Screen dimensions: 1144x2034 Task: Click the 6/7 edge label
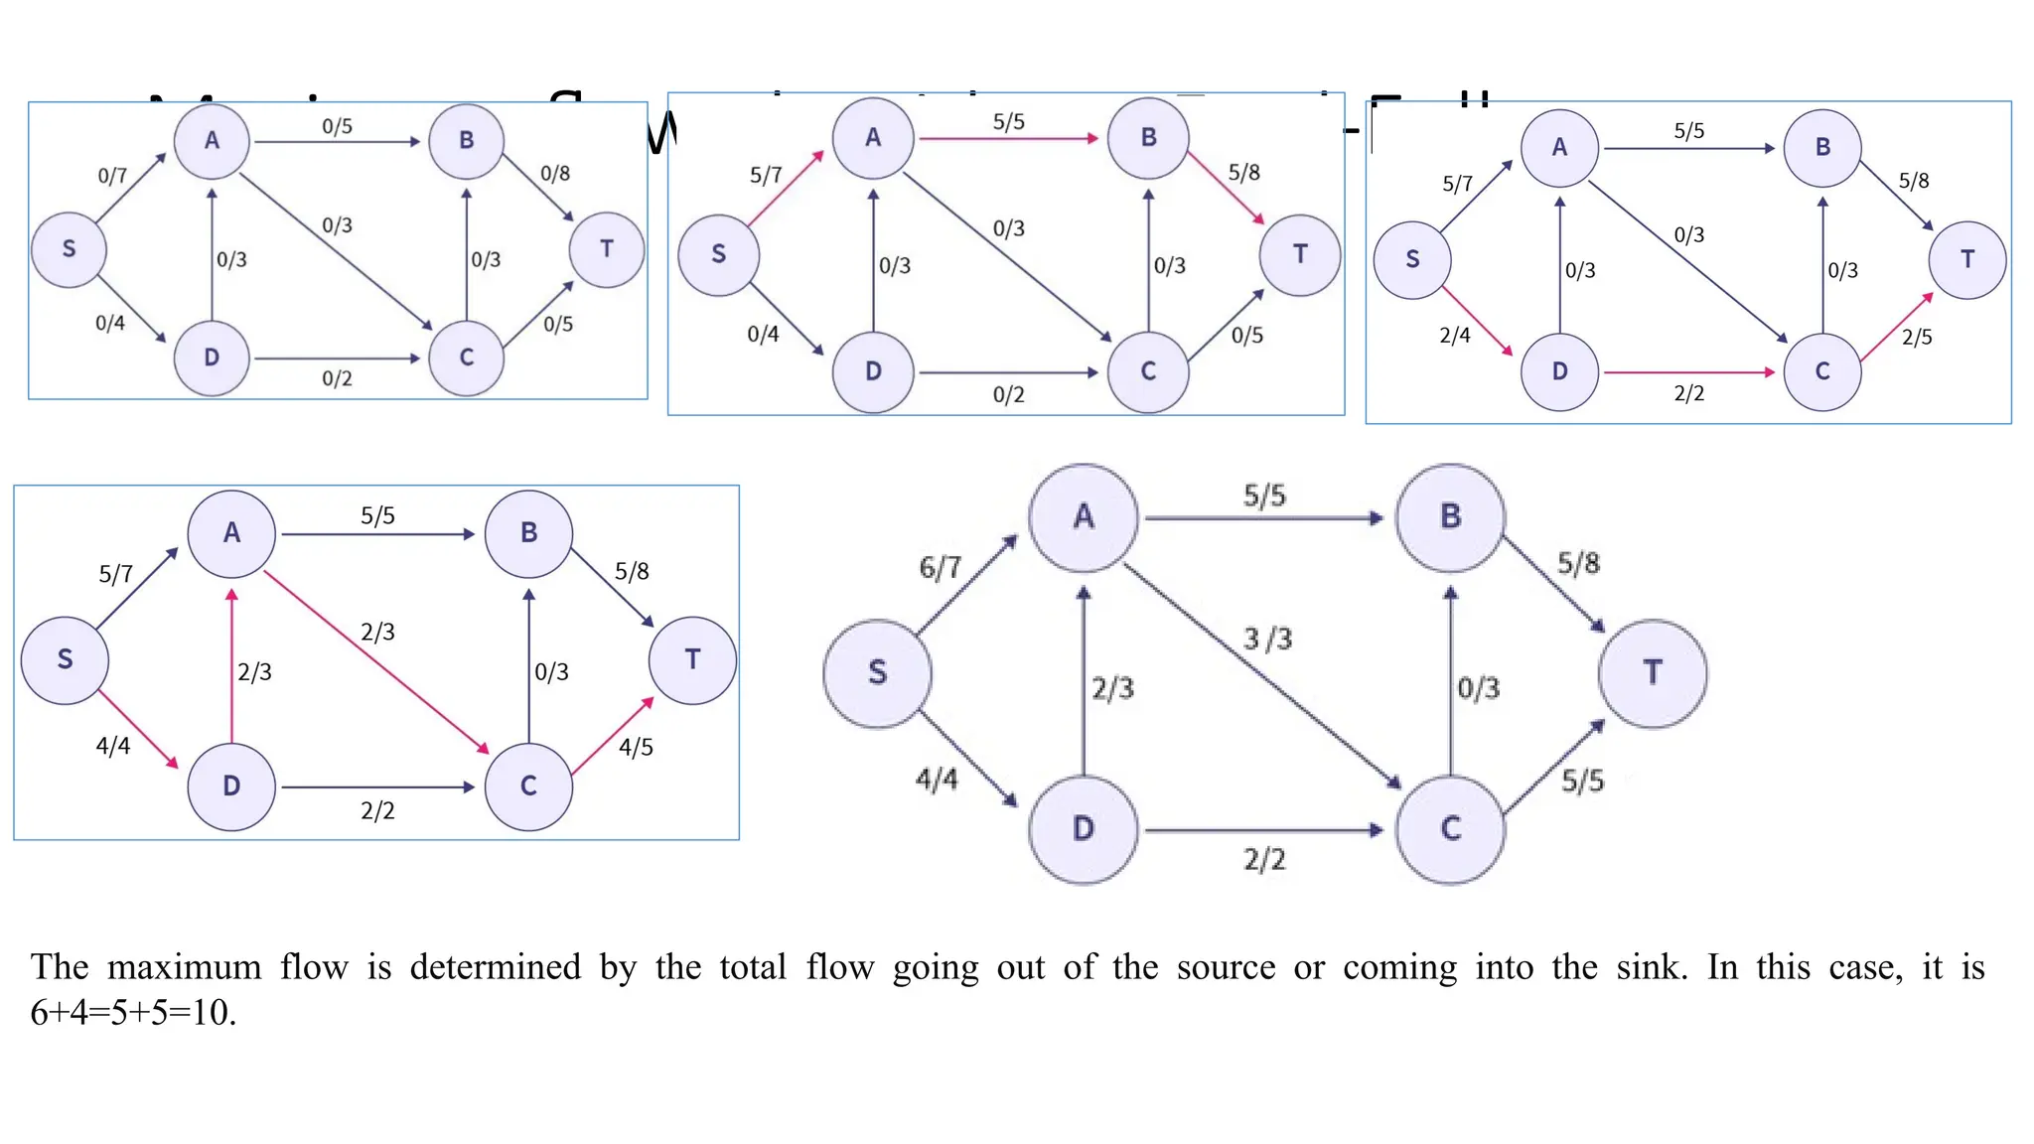[x=940, y=567]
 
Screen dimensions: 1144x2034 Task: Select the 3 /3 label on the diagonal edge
[x=1267, y=639]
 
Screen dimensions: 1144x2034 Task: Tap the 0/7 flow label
[x=112, y=176]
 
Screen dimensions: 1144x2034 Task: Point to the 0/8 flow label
[x=554, y=174]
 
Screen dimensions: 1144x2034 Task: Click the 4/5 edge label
[x=636, y=747]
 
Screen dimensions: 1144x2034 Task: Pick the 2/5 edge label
[x=1917, y=338]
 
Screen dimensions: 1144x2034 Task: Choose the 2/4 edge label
[x=1454, y=336]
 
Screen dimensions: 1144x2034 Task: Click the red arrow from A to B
[x=1007, y=139]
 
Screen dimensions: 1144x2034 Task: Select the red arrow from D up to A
[x=231, y=665]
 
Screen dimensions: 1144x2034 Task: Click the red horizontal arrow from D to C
[x=1688, y=372]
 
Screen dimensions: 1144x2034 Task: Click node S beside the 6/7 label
[x=877, y=673]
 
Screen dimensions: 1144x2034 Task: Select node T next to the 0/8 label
[x=606, y=249]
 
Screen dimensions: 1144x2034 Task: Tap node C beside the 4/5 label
[x=528, y=786]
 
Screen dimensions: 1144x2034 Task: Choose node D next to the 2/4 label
[x=1559, y=371]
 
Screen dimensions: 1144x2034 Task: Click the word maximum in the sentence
[x=184, y=967]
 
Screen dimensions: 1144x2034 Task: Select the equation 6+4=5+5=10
[x=133, y=1013]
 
